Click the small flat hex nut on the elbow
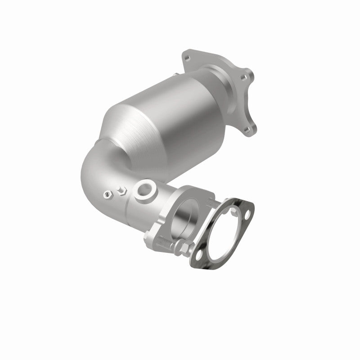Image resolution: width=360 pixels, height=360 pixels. [107, 195]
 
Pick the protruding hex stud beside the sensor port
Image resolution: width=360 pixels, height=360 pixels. [121, 191]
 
